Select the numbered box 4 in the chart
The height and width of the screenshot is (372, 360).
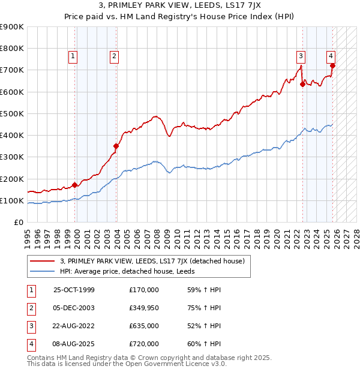click(331, 56)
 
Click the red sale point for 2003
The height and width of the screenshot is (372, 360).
click(116, 146)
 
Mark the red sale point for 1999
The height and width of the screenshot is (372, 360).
click(75, 185)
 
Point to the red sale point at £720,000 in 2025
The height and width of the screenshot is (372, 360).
click(332, 65)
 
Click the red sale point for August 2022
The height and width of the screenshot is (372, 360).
click(302, 84)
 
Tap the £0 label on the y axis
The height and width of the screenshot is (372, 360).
click(18, 222)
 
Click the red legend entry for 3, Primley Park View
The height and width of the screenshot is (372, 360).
click(152, 261)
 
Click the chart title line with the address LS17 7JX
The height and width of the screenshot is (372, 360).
click(180, 7)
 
